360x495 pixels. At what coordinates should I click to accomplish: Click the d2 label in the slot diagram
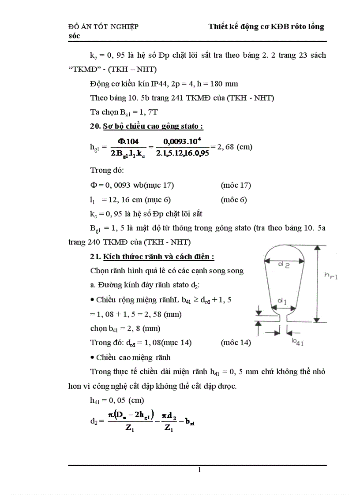click(x=283, y=265)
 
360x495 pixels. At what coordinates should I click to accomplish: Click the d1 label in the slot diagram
click(x=281, y=301)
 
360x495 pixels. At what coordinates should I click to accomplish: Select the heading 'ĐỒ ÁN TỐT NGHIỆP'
click(x=104, y=27)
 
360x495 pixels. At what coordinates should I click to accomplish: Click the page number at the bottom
click(x=199, y=469)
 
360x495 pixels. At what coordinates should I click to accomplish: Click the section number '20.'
click(x=95, y=127)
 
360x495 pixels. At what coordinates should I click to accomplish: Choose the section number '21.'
click(x=95, y=257)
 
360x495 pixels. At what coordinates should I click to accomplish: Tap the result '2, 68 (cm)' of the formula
click(x=232, y=147)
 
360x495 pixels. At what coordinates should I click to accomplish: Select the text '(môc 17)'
click(x=236, y=185)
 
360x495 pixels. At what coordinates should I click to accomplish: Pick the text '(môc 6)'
click(x=233, y=200)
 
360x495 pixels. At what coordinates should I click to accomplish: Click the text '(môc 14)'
click(x=236, y=342)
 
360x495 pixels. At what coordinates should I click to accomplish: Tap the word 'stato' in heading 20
click(x=187, y=127)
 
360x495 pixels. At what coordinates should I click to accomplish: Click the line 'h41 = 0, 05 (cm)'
click(x=114, y=400)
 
